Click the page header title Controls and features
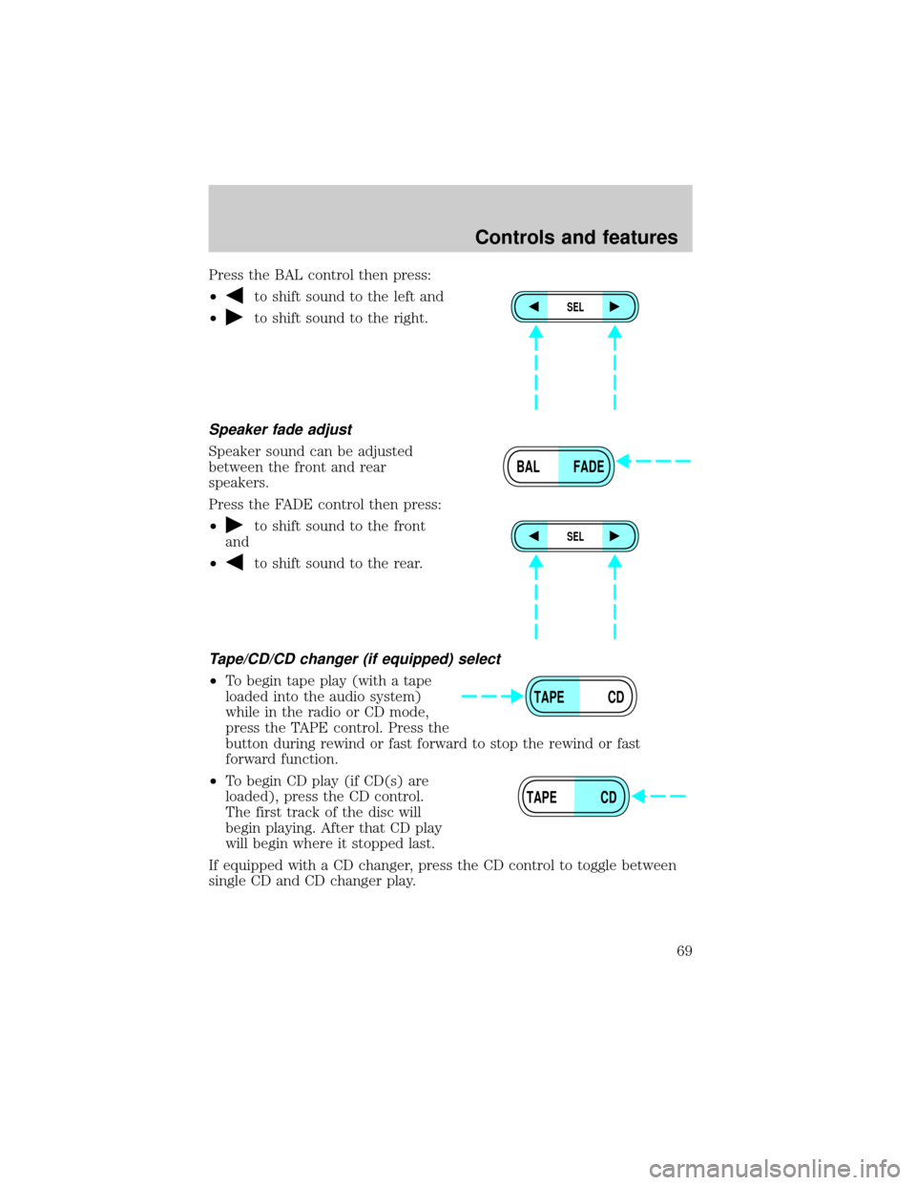575,238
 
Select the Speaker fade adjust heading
281,429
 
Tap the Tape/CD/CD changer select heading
354,659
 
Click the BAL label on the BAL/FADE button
528,467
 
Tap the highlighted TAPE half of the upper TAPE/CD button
552,696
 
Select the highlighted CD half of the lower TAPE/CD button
601,797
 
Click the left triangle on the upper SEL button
533,306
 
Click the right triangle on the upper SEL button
614,306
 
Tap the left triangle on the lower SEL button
533,536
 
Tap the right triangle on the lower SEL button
614,536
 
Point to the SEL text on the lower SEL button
574,536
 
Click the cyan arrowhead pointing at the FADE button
624,462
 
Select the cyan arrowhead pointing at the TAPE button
517,696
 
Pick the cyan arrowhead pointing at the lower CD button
638,797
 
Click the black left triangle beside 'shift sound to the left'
234,296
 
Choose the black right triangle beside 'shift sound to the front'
234,525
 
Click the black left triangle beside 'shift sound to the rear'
234,562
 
